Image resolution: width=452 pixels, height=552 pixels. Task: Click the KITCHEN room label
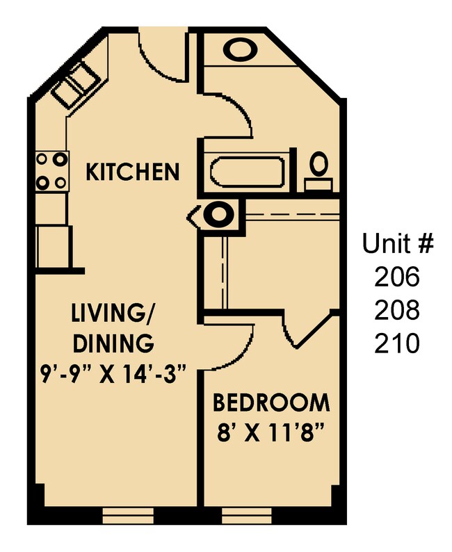coord(132,171)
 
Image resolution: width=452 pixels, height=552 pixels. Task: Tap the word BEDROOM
coord(271,403)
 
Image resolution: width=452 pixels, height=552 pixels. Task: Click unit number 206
coord(398,277)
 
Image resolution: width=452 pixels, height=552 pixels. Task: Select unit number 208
coord(398,310)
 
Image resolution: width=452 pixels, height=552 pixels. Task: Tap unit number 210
coord(398,343)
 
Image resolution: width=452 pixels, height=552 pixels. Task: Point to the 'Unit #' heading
coord(398,245)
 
